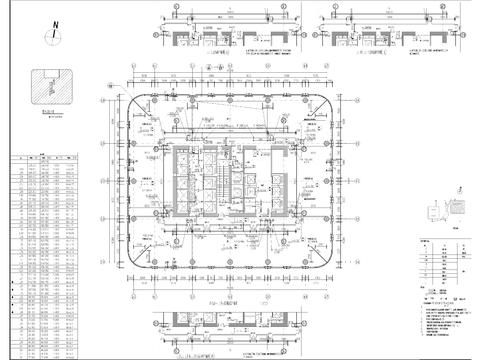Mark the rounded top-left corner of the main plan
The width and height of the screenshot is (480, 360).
pyautogui.click(x=133, y=101)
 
